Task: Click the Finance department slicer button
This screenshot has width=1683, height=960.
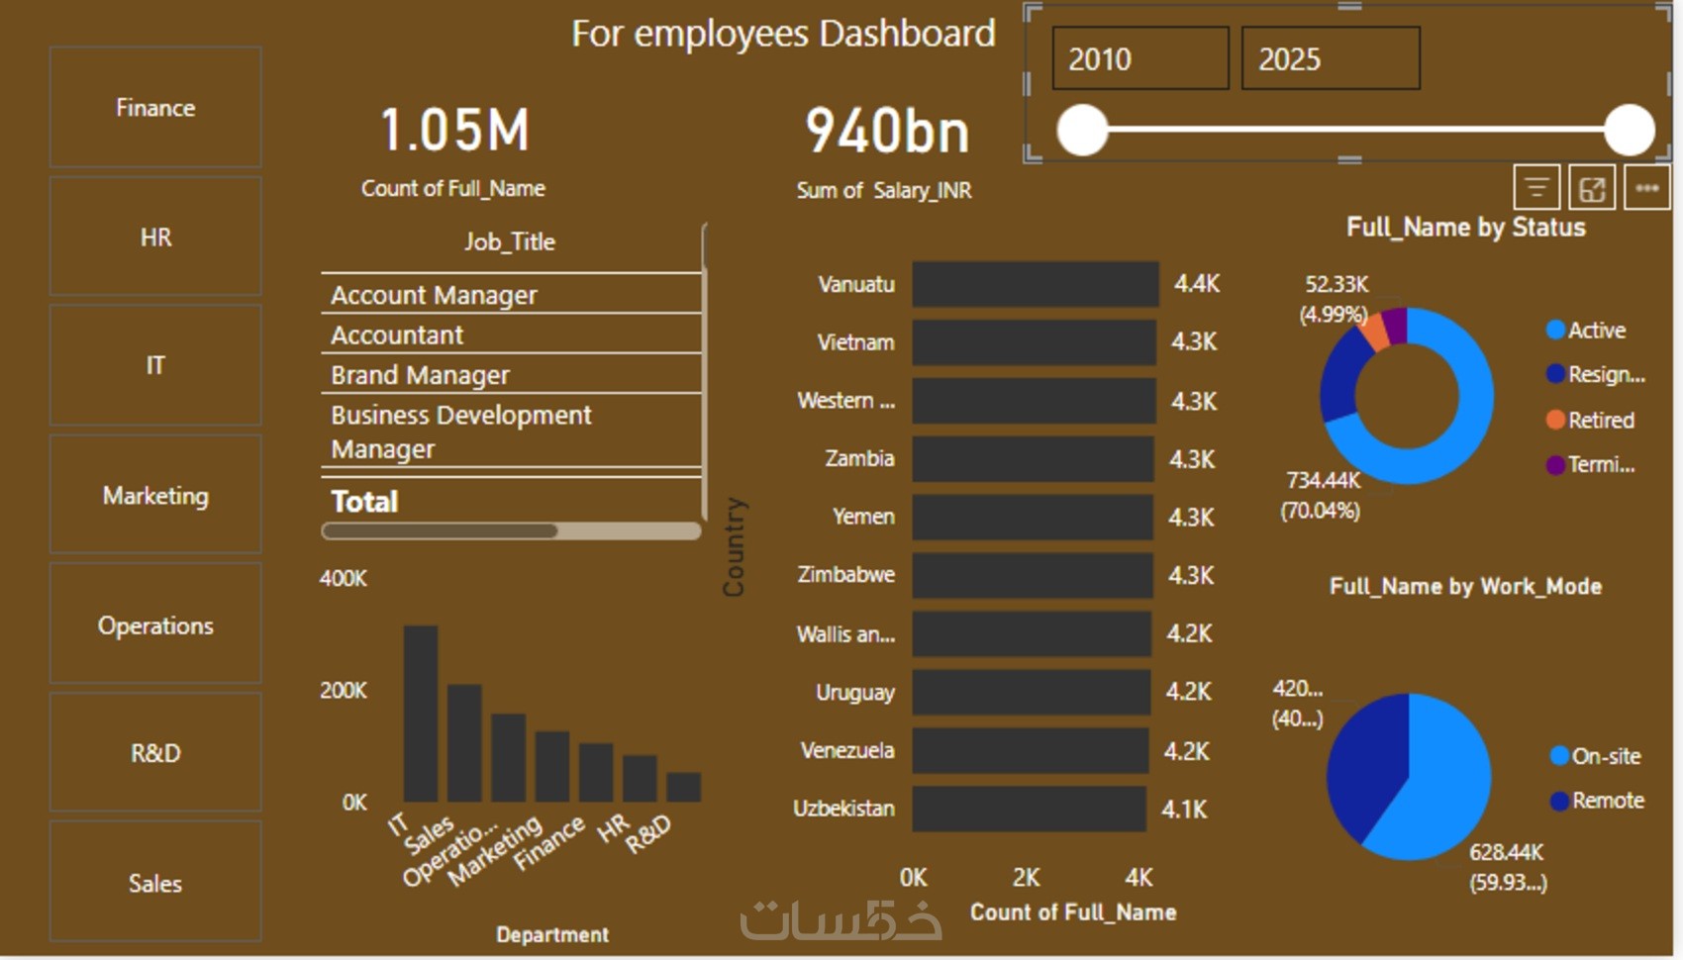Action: (155, 107)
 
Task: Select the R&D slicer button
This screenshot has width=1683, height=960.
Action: (155, 753)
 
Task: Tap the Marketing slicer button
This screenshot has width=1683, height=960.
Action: (155, 495)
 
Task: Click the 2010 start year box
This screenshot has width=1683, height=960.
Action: (1139, 59)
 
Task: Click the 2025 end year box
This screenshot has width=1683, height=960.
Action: (1330, 59)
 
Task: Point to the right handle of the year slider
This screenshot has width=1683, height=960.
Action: (1629, 130)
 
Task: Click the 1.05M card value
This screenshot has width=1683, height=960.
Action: (455, 131)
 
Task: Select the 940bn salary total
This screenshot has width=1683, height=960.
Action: (887, 132)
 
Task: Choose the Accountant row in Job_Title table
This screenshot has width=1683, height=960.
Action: (397, 336)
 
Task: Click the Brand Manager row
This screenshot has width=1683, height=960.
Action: (420, 375)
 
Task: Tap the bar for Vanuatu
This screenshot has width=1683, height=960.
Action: (1035, 284)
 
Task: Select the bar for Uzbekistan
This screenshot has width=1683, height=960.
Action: (1029, 809)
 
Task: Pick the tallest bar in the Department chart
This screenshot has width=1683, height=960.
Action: (421, 713)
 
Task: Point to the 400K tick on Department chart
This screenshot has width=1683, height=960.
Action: (343, 578)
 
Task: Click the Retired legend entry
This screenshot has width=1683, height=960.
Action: (1600, 420)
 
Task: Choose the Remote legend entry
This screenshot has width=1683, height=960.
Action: (1607, 801)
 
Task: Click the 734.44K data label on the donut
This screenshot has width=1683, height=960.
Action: (1323, 481)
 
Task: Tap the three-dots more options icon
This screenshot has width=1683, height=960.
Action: (1646, 188)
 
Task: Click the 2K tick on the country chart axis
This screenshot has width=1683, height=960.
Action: (1027, 878)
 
